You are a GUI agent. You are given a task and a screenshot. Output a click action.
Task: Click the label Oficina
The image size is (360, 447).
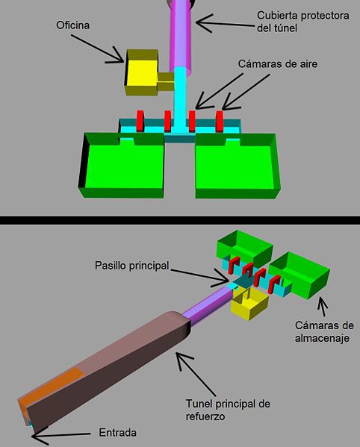(x=72, y=25)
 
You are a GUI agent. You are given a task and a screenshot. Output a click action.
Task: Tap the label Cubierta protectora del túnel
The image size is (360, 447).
(x=303, y=22)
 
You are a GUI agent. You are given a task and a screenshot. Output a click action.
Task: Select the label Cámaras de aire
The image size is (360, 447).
(x=278, y=63)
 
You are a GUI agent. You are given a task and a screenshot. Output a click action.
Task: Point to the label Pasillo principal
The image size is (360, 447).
(x=132, y=266)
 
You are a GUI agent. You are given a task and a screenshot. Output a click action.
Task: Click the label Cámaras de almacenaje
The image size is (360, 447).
(x=324, y=332)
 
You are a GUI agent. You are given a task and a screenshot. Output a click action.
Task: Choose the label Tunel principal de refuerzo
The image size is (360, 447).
(x=228, y=410)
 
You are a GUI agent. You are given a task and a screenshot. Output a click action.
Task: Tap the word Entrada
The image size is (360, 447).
(x=117, y=433)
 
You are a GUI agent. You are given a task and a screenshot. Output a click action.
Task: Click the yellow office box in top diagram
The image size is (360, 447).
(x=142, y=72)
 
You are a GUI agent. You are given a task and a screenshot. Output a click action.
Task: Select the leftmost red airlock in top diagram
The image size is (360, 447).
(x=140, y=121)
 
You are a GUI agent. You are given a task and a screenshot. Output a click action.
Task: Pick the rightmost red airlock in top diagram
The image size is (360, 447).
(x=219, y=122)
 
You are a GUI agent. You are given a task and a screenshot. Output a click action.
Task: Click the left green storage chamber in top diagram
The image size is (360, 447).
(x=122, y=165)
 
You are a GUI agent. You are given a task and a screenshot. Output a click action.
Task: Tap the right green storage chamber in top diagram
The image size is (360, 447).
(x=238, y=166)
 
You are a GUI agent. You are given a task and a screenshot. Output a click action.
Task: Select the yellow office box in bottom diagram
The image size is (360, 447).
(x=249, y=304)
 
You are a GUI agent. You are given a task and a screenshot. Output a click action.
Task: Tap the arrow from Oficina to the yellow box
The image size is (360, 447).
(x=98, y=48)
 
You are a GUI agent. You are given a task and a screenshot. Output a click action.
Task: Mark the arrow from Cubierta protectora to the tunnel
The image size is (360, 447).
(x=226, y=23)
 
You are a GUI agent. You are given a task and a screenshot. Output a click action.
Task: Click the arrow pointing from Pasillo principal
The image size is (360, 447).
(x=200, y=276)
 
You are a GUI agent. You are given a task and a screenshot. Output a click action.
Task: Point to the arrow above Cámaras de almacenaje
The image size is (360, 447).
(x=323, y=307)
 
